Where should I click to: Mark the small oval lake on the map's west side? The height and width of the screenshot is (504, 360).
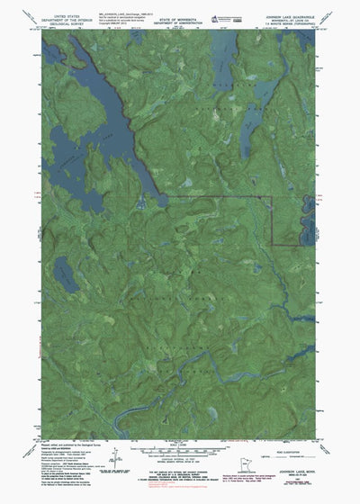(x=63, y=270)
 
